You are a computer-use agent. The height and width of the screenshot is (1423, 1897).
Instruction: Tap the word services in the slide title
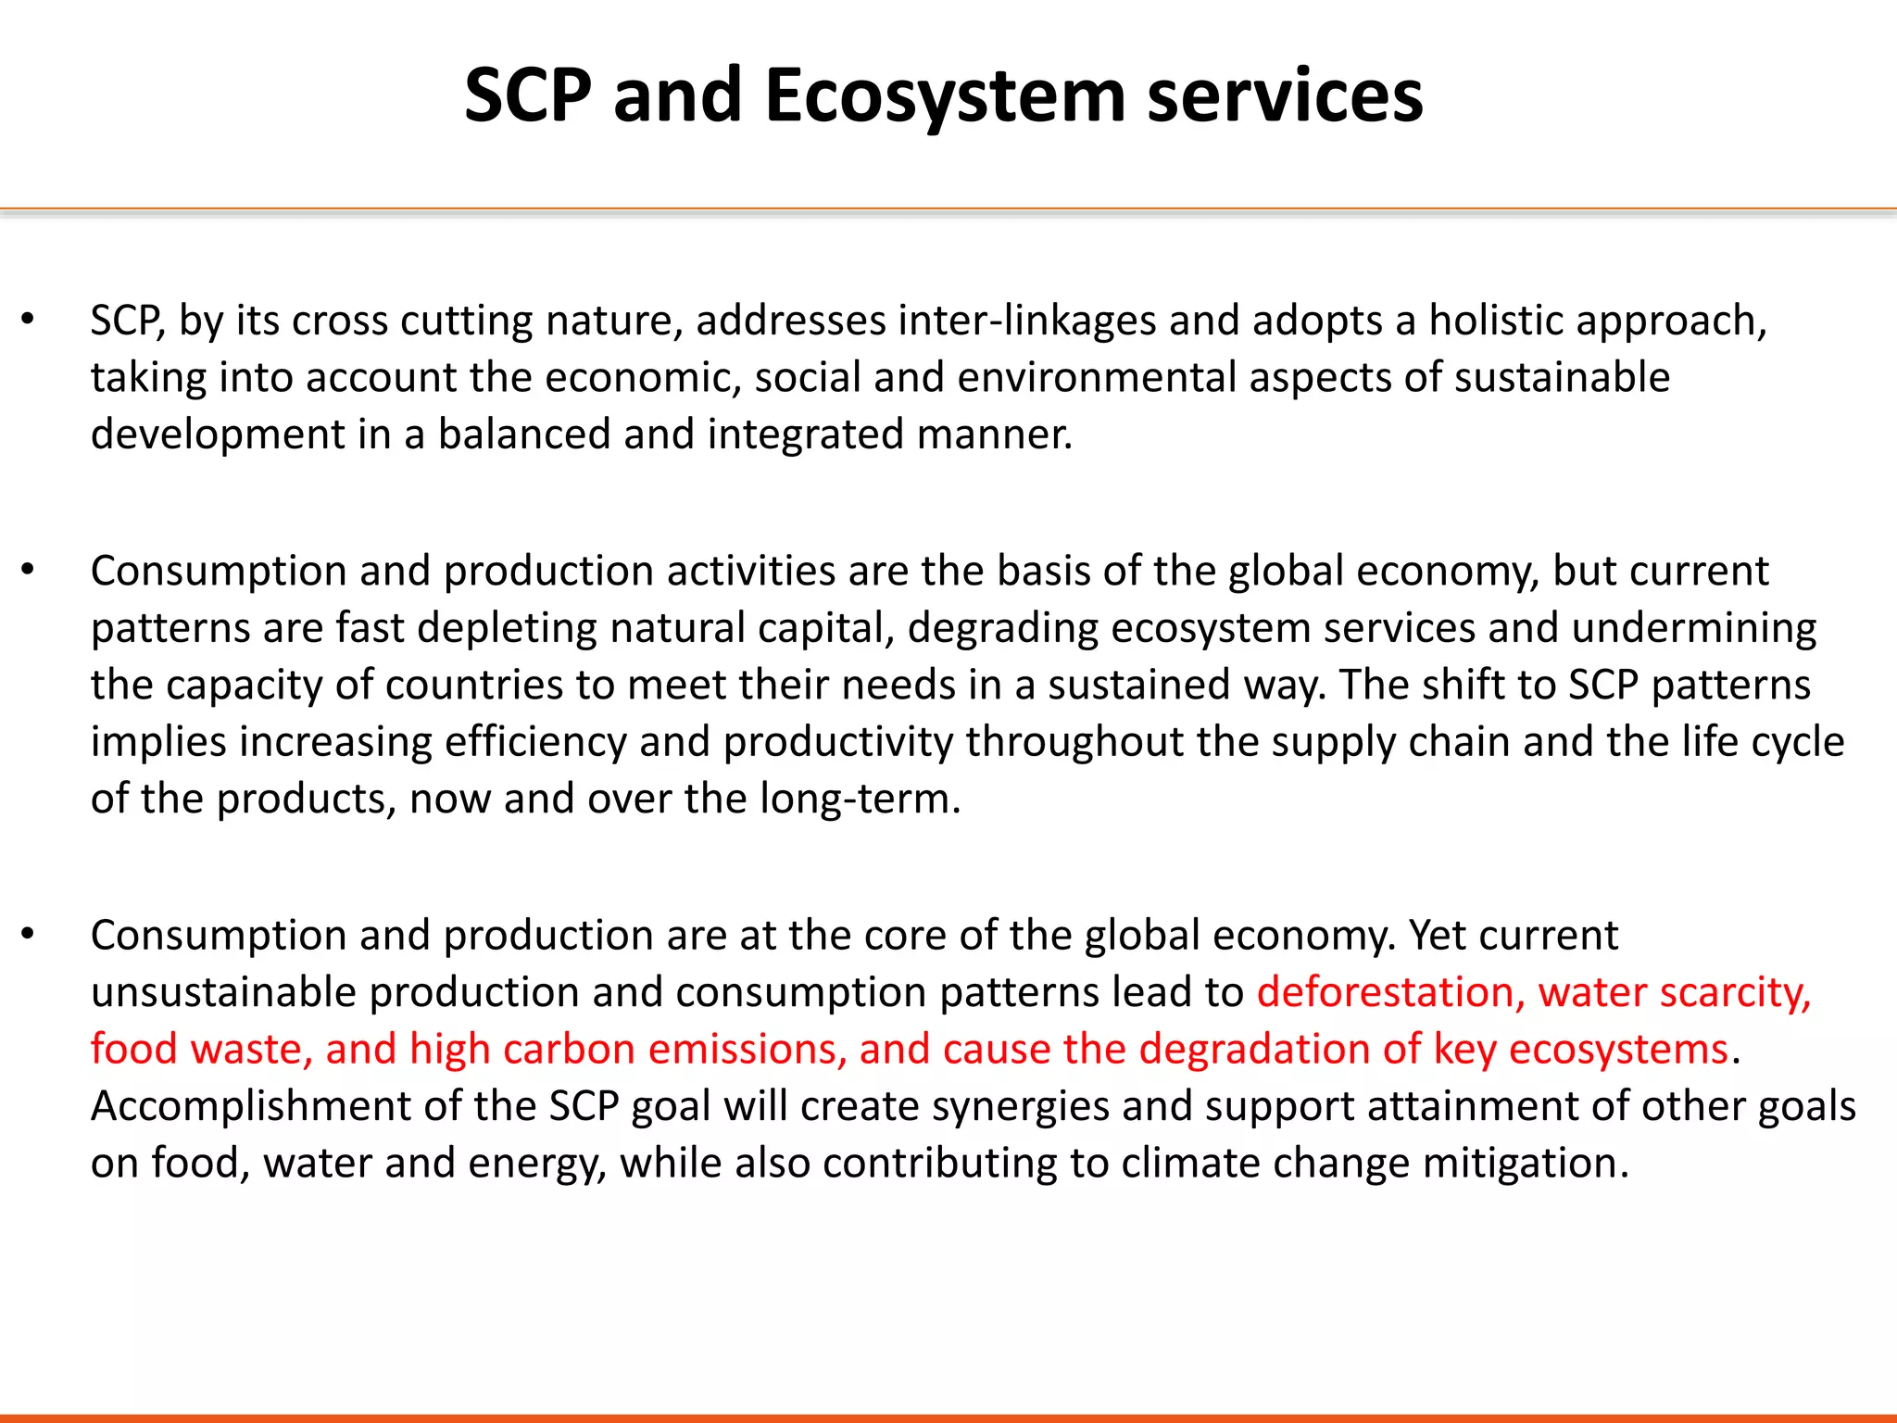pos(1285,96)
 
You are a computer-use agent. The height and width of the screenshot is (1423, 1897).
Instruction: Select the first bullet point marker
pos(28,320)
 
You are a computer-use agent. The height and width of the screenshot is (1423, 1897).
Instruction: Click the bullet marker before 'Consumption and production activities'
pos(28,570)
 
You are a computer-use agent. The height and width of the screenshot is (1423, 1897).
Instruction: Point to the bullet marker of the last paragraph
pos(28,935)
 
